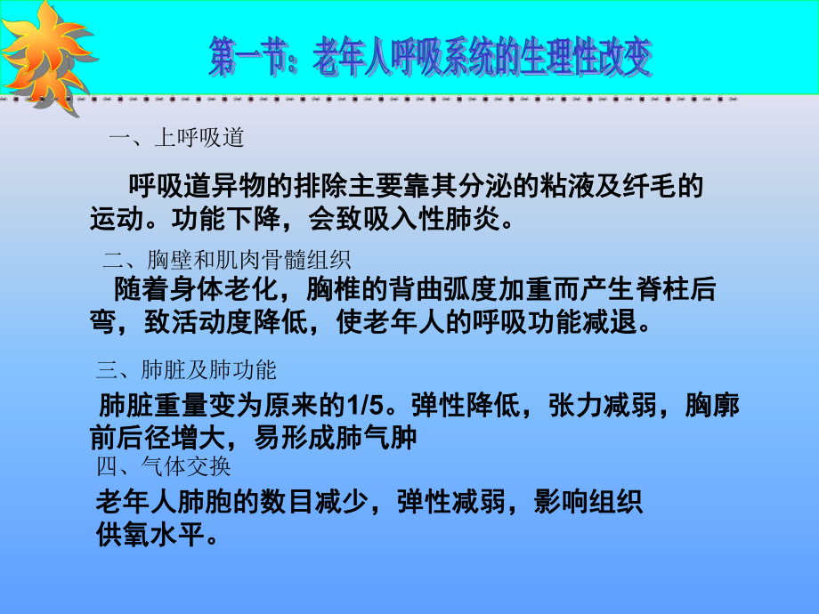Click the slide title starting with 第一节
[431, 58]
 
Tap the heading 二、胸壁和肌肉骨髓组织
[227, 260]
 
